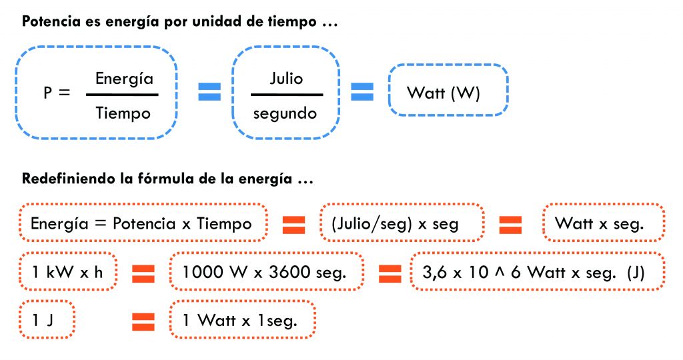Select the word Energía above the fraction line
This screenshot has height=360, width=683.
(x=124, y=79)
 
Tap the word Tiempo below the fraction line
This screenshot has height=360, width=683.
(x=123, y=113)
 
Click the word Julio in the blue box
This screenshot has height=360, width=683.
(x=286, y=79)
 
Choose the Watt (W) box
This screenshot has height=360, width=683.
(x=448, y=90)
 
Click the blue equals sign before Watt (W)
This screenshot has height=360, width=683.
(x=362, y=91)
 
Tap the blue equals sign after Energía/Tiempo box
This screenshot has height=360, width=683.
(x=209, y=91)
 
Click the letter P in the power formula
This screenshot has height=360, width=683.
(x=47, y=93)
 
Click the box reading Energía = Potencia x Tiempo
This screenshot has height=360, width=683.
(x=143, y=223)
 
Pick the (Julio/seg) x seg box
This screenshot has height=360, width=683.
(x=402, y=223)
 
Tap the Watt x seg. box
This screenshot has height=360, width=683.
(x=604, y=223)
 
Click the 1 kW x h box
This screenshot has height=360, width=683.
(x=68, y=271)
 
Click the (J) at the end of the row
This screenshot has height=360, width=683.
(x=636, y=273)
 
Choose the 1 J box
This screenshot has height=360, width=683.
(x=47, y=319)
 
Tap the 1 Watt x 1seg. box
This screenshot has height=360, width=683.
(x=242, y=319)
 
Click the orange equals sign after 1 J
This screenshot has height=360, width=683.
(x=143, y=322)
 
